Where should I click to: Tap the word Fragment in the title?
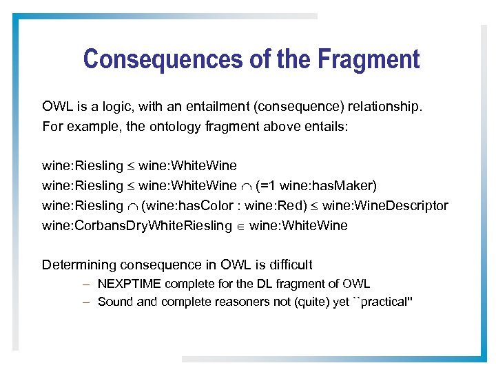369,59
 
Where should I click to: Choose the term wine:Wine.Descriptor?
385,206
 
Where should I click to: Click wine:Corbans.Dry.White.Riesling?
136,226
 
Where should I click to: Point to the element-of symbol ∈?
241,227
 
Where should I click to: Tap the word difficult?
290,265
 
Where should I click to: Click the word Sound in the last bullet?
113,302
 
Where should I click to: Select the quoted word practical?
382,302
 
